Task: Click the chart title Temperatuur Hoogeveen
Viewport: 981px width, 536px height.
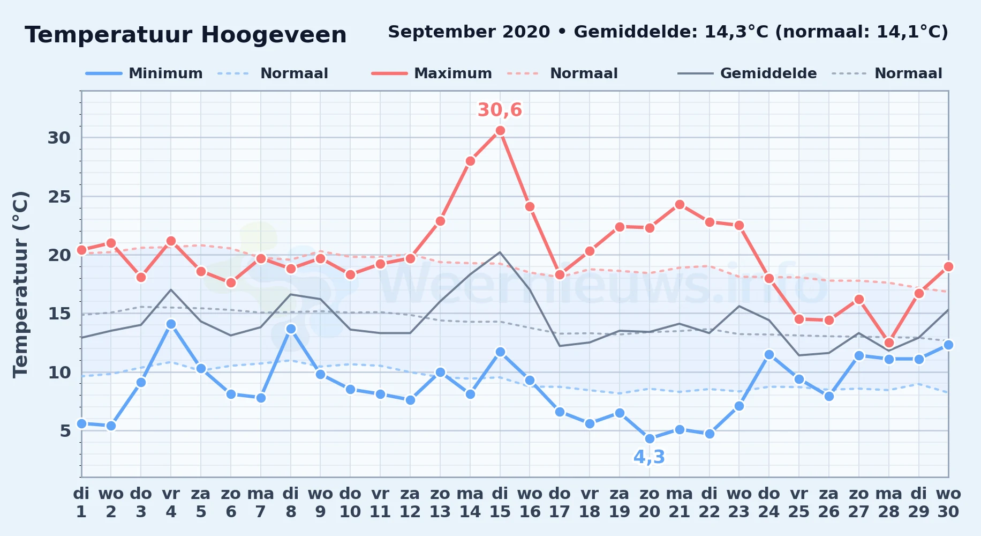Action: pyautogui.click(x=186, y=35)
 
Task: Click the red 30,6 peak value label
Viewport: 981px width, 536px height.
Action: pyautogui.click(x=500, y=110)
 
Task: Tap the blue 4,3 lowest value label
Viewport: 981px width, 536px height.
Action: pyautogui.click(x=649, y=457)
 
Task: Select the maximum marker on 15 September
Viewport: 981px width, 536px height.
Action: pyautogui.click(x=500, y=130)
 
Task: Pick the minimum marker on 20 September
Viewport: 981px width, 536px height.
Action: pyautogui.click(x=650, y=438)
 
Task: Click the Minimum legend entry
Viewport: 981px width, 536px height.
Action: pyautogui.click(x=144, y=73)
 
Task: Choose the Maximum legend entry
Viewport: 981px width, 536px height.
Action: pyautogui.click(x=432, y=73)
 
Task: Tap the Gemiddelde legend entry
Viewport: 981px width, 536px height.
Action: pyautogui.click(x=747, y=73)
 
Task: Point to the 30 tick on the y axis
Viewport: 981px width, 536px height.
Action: pyautogui.click(x=59, y=138)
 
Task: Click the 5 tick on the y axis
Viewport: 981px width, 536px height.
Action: pyautogui.click(x=65, y=430)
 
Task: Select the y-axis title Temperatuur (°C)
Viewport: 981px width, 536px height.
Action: pyautogui.click(x=20, y=284)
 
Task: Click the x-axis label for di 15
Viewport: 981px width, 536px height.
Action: pyautogui.click(x=500, y=503)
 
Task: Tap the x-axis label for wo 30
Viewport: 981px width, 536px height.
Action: pyautogui.click(x=948, y=503)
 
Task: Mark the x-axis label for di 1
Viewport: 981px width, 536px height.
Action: pyautogui.click(x=81, y=503)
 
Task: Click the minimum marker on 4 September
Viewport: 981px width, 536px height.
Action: pyautogui.click(x=171, y=324)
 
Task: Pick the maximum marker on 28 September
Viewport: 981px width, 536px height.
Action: pyautogui.click(x=889, y=343)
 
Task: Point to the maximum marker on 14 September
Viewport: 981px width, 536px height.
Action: pyautogui.click(x=470, y=161)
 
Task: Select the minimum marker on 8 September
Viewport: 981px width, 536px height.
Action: pyautogui.click(x=291, y=329)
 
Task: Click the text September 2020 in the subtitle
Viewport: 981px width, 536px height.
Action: pyautogui.click(x=469, y=32)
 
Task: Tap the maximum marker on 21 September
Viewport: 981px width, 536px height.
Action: pyautogui.click(x=680, y=204)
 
